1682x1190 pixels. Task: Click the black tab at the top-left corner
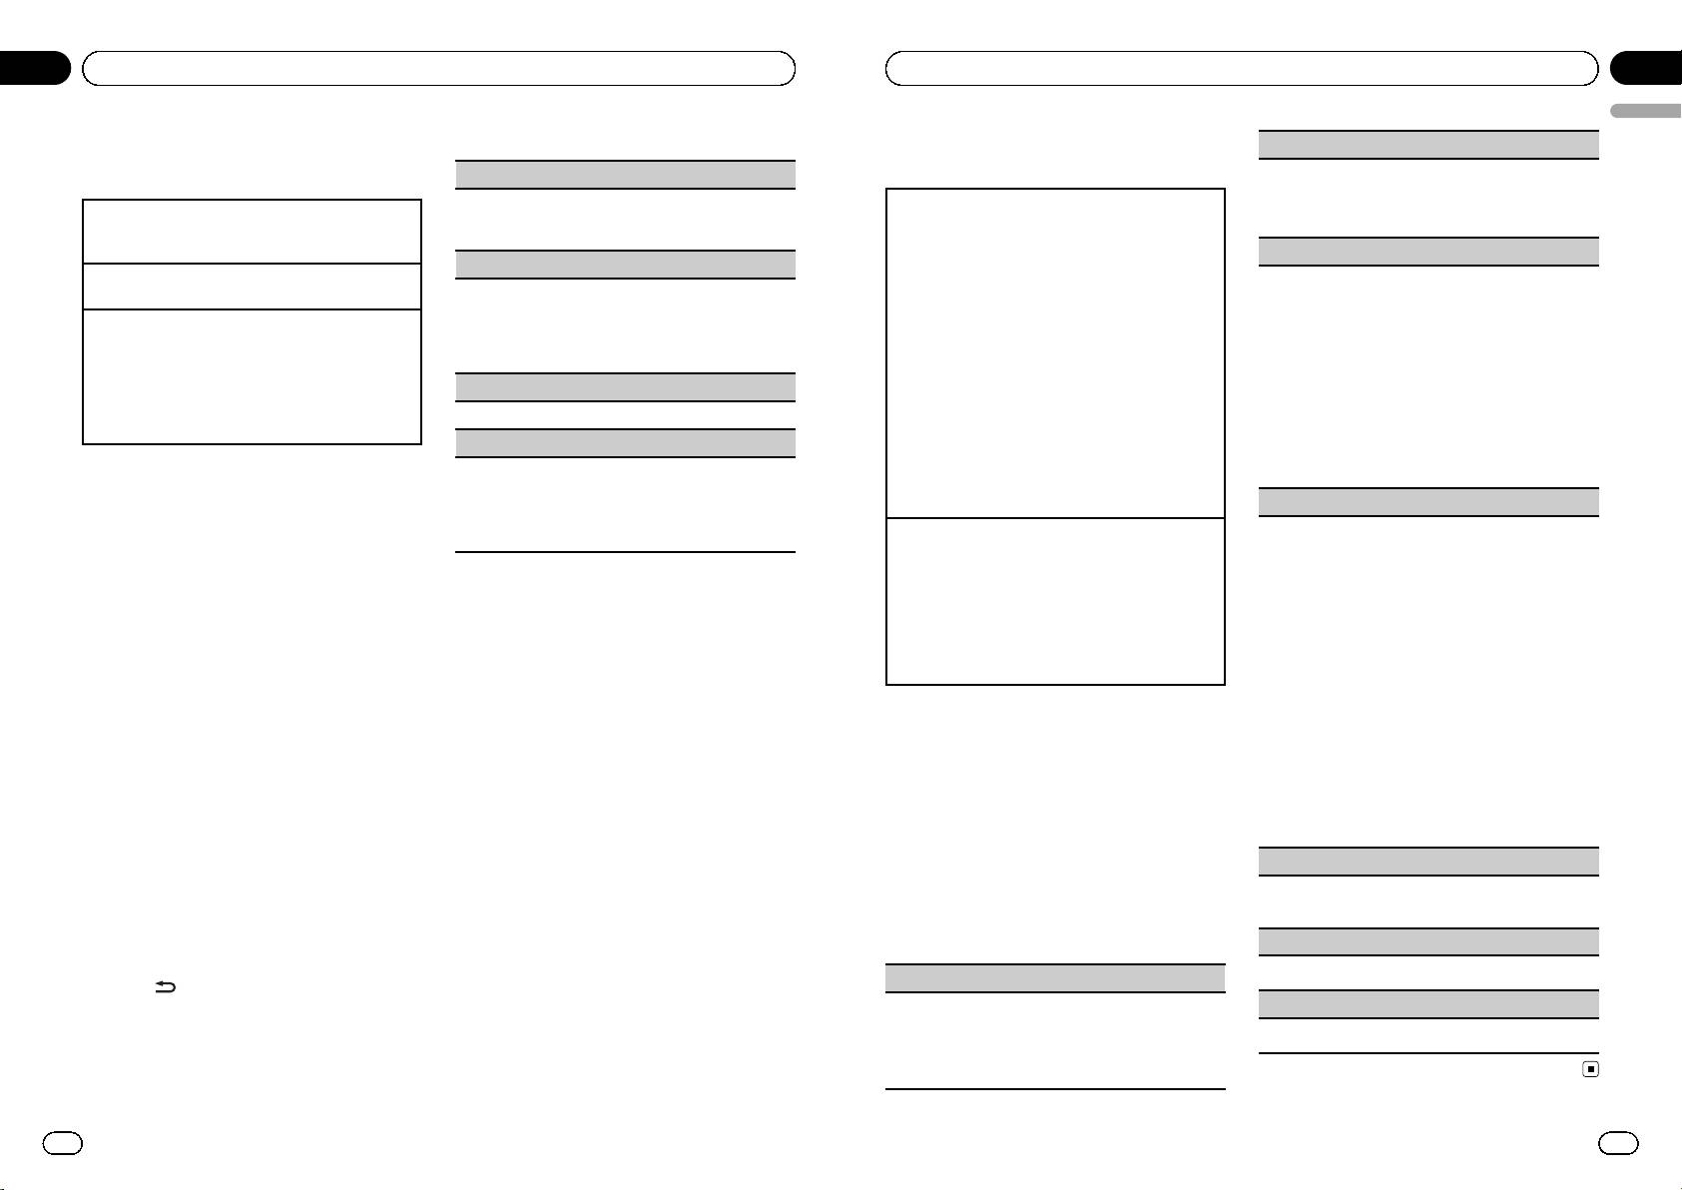(x=35, y=68)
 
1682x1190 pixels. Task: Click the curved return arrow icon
(x=165, y=987)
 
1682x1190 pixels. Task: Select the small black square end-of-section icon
(x=1591, y=1069)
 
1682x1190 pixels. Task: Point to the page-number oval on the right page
(x=1618, y=1143)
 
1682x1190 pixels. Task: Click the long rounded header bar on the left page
(x=438, y=68)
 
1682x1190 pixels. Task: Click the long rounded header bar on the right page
(x=1242, y=68)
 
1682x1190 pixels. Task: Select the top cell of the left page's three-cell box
(x=252, y=232)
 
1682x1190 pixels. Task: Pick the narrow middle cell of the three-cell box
(x=252, y=287)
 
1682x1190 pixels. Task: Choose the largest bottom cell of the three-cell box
(x=252, y=376)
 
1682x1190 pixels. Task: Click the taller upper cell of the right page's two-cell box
(x=1055, y=352)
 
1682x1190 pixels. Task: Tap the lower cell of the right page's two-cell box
(x=1055, y=600)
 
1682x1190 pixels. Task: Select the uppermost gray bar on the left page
(x=625, y=175)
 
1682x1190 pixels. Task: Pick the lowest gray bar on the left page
(x=625, y=443)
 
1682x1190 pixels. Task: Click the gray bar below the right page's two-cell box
(x=1055, y=977)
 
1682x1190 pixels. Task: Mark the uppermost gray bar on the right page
(x=1428, y=144)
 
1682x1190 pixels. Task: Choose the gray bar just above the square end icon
(x=1428, y=1003)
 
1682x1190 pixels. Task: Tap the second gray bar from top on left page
(x=625, y=264)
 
